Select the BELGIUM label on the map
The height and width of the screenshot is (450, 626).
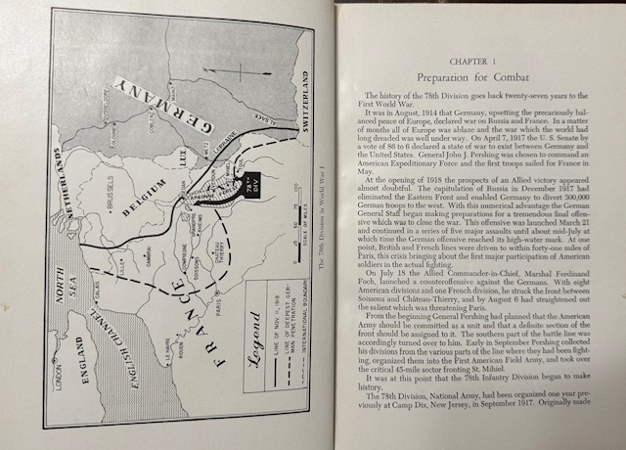[145, 191]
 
